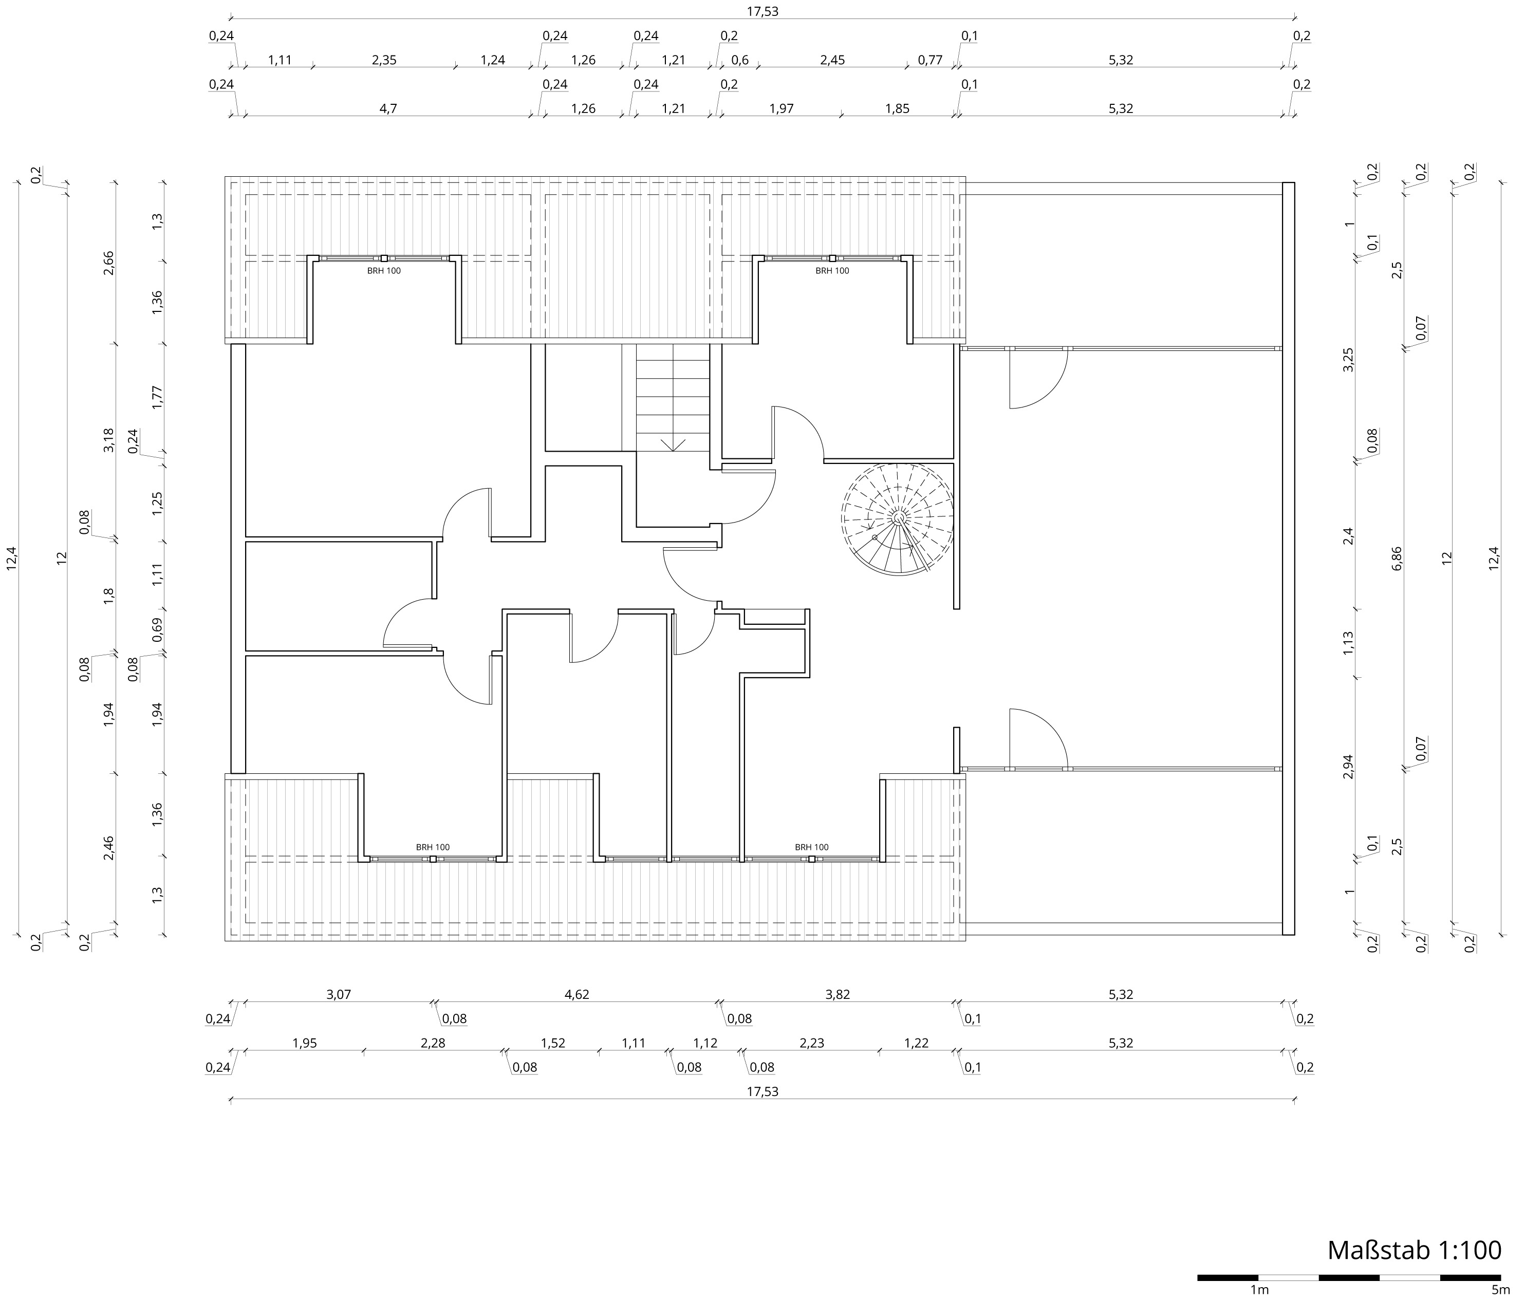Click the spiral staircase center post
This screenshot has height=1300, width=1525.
pos(899,518)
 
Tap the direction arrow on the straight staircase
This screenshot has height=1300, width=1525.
pos(673,444)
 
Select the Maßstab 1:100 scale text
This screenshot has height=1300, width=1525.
pos(1415,1250)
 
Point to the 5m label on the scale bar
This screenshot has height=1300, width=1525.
pos(1500,1290)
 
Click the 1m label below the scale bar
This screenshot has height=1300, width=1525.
pos(1259,1290)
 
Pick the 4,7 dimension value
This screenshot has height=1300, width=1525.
pos(388,109)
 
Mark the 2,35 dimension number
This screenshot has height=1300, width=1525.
pos(384,60)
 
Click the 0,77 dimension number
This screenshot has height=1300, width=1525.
pos(931,60)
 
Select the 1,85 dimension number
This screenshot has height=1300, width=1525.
pos(897,109)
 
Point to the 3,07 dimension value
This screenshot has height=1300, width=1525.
pos(339,994)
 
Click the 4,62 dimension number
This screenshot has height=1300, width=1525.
pos(576,994)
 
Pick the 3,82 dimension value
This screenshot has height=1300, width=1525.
pos(838,994)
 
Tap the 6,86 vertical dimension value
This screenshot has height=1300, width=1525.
pos(1398,559)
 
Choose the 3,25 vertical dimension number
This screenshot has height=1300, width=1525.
pos(1348,360)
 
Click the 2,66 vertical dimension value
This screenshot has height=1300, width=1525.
pos(109,263)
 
